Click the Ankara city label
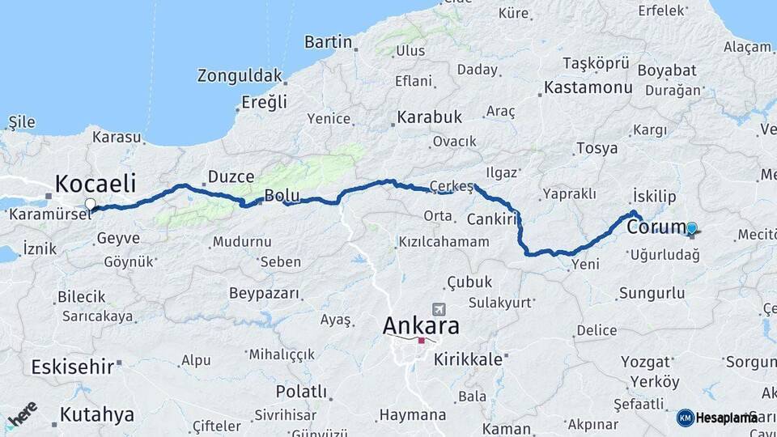point(421,326)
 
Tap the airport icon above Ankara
point(439,309)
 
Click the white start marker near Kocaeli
point(90,205)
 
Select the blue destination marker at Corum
point(691,229)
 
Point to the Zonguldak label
point(240,77)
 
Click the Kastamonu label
point(588,87)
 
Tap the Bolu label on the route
point(282,197)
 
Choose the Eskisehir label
point(72,367)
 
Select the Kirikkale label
point(468,359)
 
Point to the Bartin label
point(328,42)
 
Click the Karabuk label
point(429,117)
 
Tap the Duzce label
point(231,176)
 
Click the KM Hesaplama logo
point(718,418)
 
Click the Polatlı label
point(301,392)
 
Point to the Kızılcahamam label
point(444,242)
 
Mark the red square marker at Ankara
point(421,341)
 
